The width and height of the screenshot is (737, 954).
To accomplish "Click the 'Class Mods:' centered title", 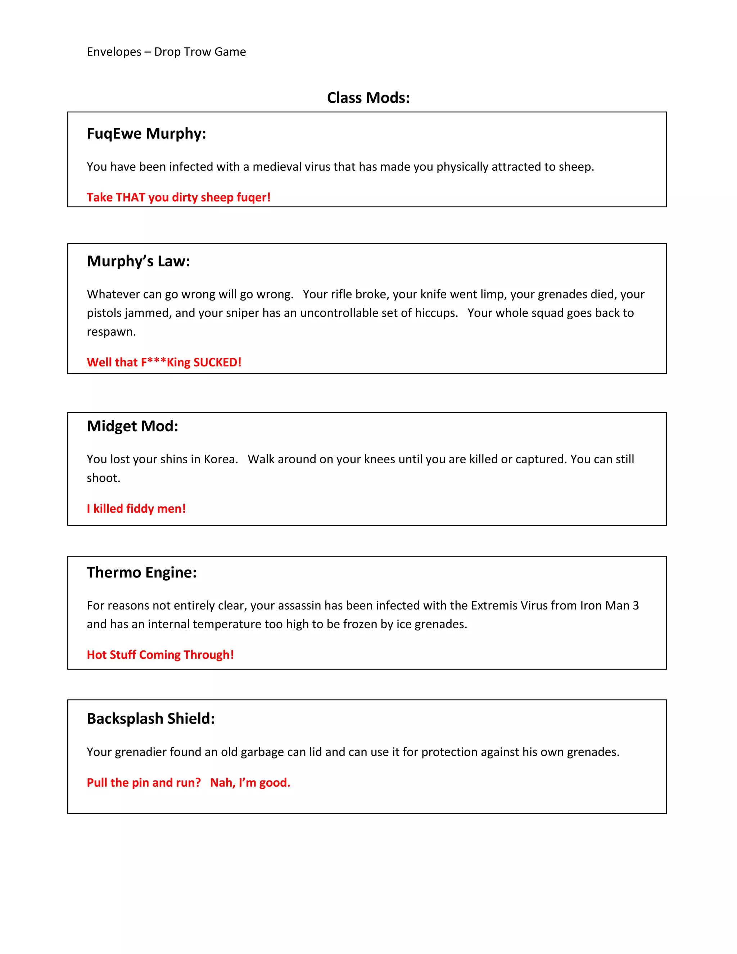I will pos(368,98).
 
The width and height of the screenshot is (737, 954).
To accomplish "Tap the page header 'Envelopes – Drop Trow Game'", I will pos(166,52).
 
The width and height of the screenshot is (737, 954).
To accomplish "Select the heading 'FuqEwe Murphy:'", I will pos(146,133).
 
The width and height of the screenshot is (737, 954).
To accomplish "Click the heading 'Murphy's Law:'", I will pos(139,261).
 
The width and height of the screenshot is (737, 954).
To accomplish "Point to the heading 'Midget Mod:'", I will pos(132,426).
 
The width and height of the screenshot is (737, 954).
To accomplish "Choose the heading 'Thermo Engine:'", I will pos(141,572).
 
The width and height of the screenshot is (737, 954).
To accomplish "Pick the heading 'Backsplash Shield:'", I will pos(151,719).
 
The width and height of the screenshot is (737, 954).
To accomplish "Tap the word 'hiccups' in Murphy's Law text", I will pos(437,313).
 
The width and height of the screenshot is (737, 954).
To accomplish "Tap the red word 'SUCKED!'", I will pos(217,362).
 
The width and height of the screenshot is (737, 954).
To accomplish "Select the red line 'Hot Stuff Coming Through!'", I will pos(160,655).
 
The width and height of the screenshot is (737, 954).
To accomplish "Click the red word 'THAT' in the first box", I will pos(131,197).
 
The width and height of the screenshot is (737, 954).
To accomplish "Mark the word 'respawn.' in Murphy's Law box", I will pos(111,332).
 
